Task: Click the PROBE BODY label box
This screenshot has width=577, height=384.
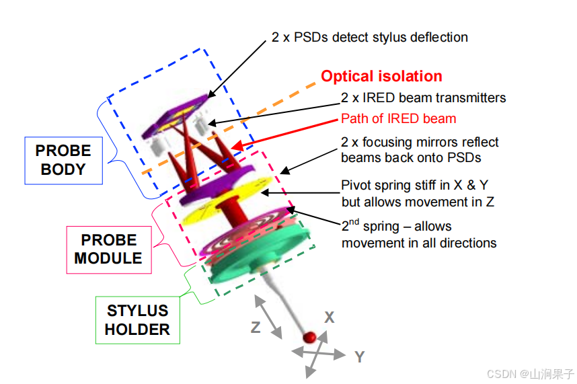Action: pos(63,160)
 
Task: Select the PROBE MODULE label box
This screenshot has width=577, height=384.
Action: pos(108,249)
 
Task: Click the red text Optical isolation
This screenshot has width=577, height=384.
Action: pos(381,77)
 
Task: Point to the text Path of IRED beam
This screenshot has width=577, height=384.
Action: pos(398,119)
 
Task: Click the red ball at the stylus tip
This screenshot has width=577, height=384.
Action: pos(310,336)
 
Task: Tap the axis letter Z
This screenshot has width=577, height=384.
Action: pos(256,328)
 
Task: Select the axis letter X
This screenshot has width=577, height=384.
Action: pos(329,317)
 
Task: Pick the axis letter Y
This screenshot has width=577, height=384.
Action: pos(359,356)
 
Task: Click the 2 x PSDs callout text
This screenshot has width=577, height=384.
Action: pos(369,37)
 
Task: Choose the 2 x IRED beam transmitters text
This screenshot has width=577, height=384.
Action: pos(423,98)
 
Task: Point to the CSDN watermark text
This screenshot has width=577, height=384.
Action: pos(531,373)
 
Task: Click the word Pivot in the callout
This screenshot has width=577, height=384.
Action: pos(356,186)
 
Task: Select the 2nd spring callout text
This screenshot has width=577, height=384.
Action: pos(418,234)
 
